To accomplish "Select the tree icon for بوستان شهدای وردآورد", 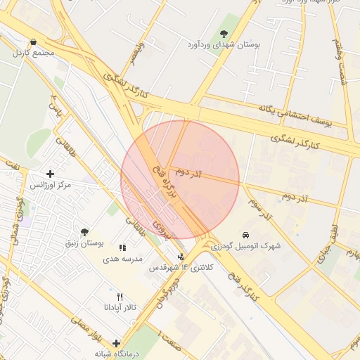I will click(x=224, y=33).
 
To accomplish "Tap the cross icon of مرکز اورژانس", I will click(x=49, y=174).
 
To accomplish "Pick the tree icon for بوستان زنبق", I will click(x=84, y=232).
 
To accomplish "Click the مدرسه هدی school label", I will click(x=123, y=258).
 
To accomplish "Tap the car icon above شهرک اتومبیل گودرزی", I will click(x=245, y=234).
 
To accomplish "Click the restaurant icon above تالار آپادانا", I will click(x=120, y=297).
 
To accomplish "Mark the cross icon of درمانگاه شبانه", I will click(x=116, y=343).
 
